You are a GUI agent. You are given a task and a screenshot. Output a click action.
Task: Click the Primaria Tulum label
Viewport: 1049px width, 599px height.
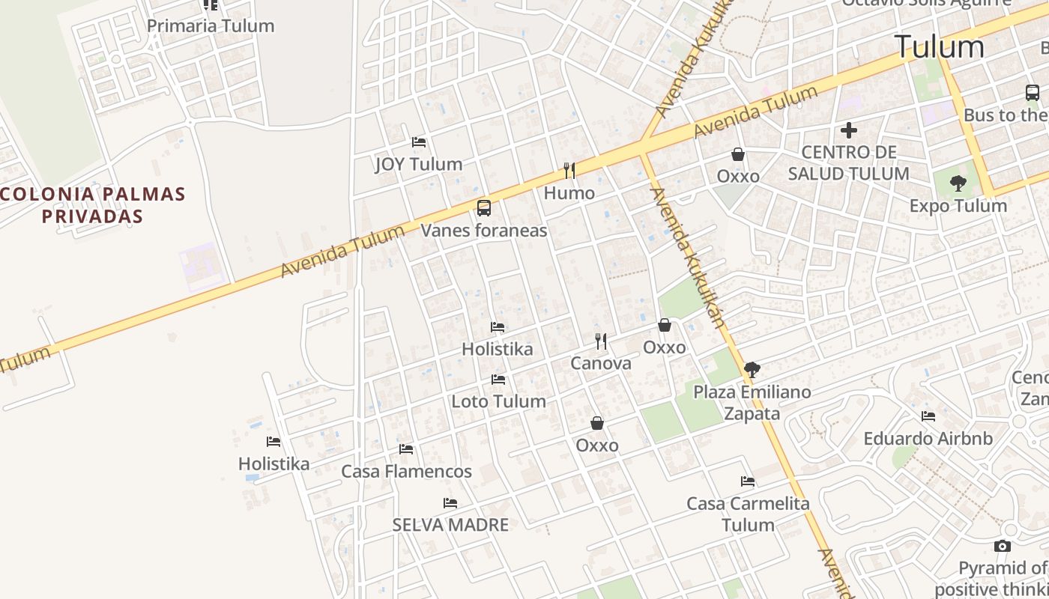click(211, 26)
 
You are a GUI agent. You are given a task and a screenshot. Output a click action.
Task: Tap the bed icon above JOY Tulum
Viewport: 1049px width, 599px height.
click(419, 142)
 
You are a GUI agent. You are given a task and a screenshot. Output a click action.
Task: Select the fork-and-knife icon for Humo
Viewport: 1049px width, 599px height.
click(569, 171)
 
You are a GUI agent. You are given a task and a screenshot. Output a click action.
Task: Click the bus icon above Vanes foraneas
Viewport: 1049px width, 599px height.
click(484, 208)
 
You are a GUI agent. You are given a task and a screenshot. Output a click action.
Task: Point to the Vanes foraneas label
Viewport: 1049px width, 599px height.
click(484, 231)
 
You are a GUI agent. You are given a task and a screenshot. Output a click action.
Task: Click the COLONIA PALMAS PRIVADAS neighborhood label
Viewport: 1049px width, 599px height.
click(92, 205)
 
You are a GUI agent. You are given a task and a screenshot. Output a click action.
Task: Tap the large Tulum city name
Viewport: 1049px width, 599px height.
click(939, 47)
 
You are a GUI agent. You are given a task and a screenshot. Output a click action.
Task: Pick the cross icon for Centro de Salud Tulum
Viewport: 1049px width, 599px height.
click(849, 131)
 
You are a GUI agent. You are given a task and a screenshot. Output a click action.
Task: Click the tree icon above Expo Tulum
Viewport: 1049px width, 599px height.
click(958, 183)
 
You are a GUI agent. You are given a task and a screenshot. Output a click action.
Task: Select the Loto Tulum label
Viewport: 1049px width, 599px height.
click(498, 401)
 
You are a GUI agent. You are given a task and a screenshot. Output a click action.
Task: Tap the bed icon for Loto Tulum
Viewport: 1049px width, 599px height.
click(498, 380)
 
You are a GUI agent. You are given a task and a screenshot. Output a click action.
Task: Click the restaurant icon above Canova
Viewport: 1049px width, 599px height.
click(601, 341)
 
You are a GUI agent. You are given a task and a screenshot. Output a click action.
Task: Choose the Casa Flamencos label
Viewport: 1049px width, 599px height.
click(407, 472)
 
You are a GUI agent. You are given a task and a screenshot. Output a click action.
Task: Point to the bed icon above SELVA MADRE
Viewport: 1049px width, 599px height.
click(450, 503)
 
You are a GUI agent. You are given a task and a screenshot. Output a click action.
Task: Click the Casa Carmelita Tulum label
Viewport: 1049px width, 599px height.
click(749, 514)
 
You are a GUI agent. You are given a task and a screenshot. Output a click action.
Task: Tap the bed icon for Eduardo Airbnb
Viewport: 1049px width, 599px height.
click(928, 416)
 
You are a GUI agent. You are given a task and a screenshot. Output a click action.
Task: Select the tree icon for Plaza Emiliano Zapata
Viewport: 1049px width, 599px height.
click(752, 369)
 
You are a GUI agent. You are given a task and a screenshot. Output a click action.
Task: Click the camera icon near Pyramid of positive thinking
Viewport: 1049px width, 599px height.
click(1003, 547)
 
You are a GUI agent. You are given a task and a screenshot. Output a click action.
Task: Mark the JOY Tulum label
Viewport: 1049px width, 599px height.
click(419, 164)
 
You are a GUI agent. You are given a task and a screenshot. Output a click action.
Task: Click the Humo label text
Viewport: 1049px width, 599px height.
click(569, 193)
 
